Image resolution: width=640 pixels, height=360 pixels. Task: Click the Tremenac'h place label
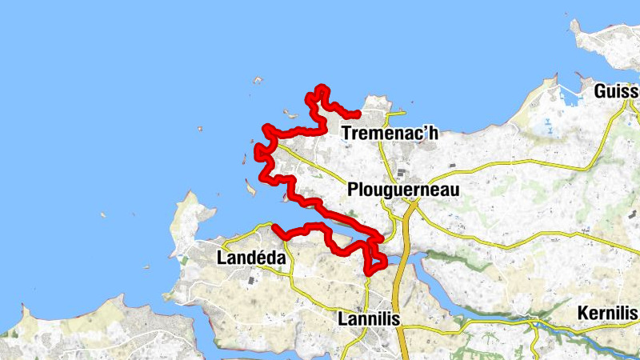390,134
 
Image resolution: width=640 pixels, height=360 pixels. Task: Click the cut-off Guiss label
617,92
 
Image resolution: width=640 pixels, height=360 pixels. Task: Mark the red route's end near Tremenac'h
358,114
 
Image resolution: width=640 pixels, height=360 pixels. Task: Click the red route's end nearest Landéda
274,227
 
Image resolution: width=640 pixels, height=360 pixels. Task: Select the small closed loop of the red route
375,260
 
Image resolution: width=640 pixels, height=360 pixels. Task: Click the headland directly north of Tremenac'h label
376,104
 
